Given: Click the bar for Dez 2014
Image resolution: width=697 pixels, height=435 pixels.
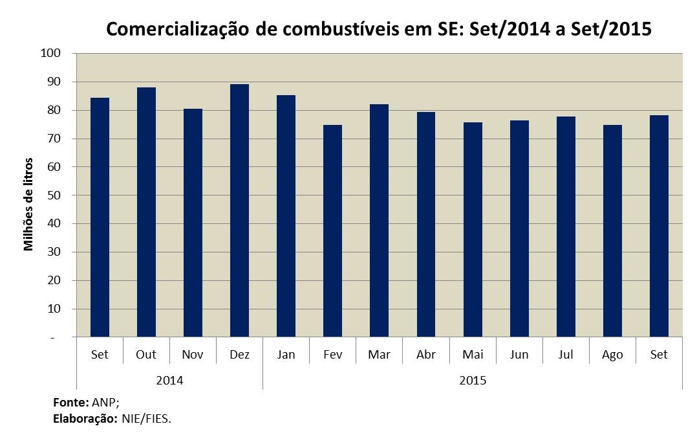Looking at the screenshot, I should point(239,210).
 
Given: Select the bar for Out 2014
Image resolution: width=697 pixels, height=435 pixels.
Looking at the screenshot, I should point(146,212).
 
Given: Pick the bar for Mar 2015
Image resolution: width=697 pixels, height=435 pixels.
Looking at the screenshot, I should point(379,220).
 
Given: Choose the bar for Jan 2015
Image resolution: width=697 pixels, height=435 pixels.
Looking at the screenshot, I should point(286,216).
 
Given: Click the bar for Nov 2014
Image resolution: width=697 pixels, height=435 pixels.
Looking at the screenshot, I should point(193,223).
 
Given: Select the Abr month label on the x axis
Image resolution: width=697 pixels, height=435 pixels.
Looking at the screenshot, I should point(425,355).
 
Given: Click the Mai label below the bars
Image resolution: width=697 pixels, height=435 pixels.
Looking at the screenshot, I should point(472,355).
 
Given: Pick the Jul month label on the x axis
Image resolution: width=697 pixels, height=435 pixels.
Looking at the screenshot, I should point(565,355).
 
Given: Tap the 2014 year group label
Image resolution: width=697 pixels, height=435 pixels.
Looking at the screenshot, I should point(169,380).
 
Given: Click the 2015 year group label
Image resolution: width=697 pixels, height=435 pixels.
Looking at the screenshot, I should point(472,380).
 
